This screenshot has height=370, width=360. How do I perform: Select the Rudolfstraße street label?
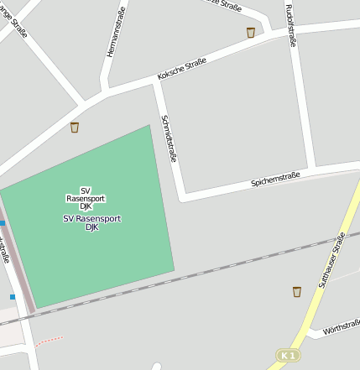pos(291,25)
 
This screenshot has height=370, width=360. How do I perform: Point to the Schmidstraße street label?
pos(169,138)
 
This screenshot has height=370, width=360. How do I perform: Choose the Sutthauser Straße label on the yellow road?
pos(331,261)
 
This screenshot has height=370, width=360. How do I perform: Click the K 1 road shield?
pos(288,356)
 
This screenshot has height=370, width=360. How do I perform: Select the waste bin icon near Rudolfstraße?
pos(250,32)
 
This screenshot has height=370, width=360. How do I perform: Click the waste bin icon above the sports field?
pos(75,128)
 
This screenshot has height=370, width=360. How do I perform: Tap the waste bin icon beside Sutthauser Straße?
pos(296,292)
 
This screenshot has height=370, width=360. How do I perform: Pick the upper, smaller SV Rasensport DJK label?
pos(86,198)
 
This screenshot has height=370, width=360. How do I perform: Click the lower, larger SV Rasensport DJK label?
pos(92,222)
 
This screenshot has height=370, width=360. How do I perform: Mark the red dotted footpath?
pos(50,340)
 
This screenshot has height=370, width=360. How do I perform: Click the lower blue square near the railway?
pos(13,296)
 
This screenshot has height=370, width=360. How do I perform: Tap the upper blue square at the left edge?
pos(3,223)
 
